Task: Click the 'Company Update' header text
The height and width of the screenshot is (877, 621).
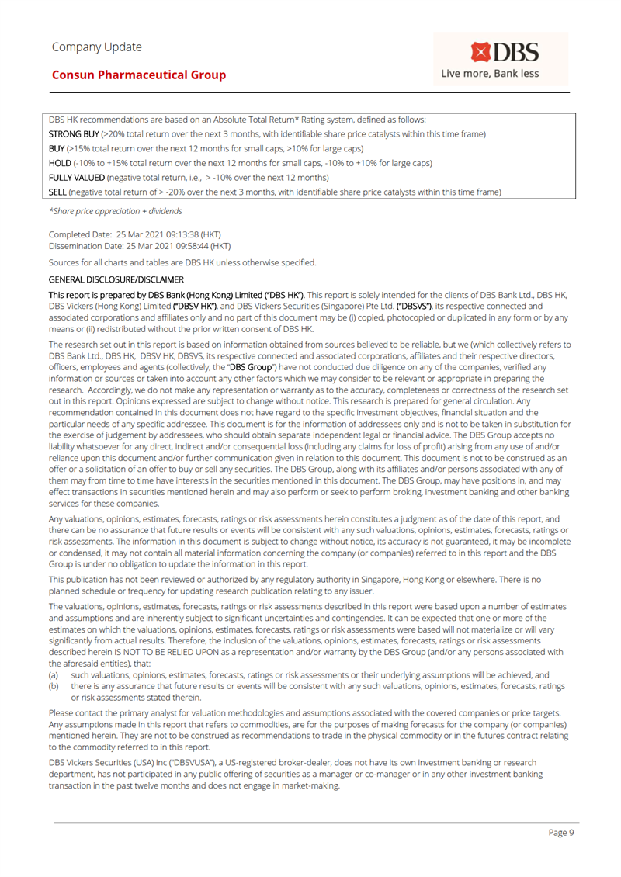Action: (97, 47)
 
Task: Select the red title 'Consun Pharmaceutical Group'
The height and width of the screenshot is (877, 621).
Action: (139, 75)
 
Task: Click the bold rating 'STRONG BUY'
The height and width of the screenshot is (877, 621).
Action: (74, 134)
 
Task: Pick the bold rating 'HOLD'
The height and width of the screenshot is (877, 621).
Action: (60, 162)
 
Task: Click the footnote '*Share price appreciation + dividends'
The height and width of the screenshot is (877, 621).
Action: (116, 210)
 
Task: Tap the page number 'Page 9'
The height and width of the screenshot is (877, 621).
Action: (560, 832)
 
